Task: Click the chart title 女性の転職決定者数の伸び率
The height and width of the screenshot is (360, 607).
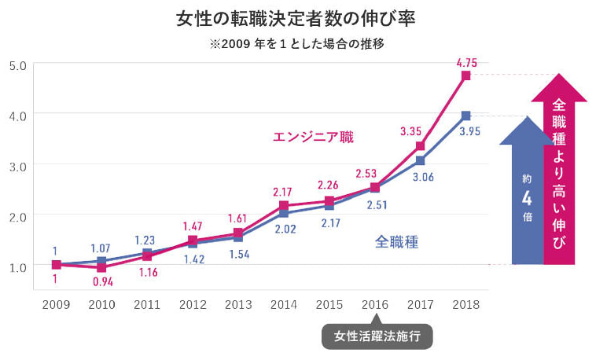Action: click(x=296, y=17)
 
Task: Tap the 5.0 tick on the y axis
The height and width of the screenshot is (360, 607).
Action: click(x=17, y=64)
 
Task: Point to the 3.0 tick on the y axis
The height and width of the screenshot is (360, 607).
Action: click(x=17, y=165)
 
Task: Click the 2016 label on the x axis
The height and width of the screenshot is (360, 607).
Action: click(x=375, y=303)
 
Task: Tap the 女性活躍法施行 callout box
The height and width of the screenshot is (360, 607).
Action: click(x=377, y=336)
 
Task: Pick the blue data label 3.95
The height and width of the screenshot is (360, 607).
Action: click(x=469, y=131)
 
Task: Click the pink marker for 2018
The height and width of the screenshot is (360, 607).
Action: click(x=466, y=75)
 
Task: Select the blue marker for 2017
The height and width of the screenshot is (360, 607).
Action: click(x=421, y=160)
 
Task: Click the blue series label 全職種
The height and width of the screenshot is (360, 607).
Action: click(x=396, y=242)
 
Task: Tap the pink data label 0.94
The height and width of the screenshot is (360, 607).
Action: click(x=102, y=281)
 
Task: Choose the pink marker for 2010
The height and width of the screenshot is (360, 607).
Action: click(x=101, y=267)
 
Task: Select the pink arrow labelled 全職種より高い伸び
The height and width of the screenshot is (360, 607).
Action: click(x=559, y=173)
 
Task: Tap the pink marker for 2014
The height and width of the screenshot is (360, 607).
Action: click(x=284, y=206)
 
